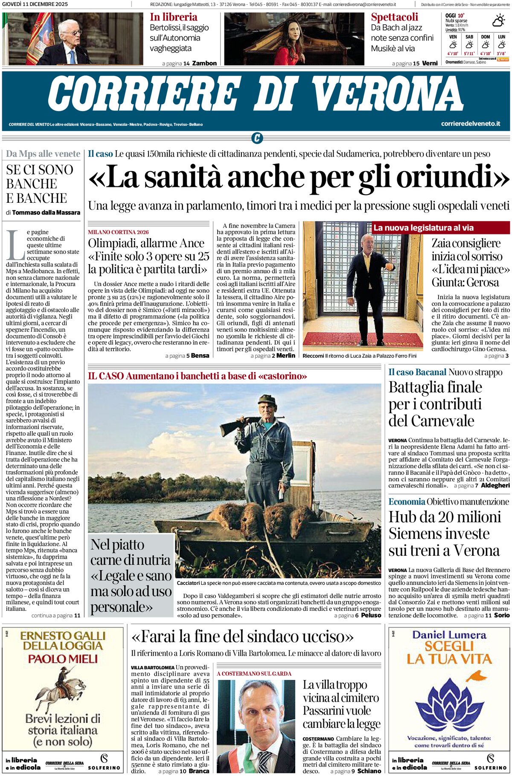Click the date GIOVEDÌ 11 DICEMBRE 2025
click(x=35, y=4)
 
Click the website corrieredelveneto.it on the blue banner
click(x=470, y=124)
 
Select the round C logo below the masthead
click(x=256, y=138)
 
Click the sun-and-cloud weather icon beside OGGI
click(x=498, y=20)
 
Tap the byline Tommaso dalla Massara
click(x=46, y=213)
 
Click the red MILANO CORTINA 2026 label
click(x=118, y=232)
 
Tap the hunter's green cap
click(x=267, y=399)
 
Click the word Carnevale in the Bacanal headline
click(x=431, y=421)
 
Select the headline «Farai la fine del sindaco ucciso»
click(x=242, y=637)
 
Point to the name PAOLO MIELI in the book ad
click(x=63, y=659)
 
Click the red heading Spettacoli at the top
click(x=394, y=17)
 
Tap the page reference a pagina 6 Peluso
click(x=358, y=616)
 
